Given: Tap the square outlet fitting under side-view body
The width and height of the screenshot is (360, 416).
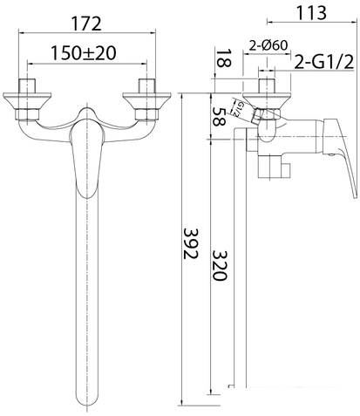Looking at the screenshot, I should tap(273, 166).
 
